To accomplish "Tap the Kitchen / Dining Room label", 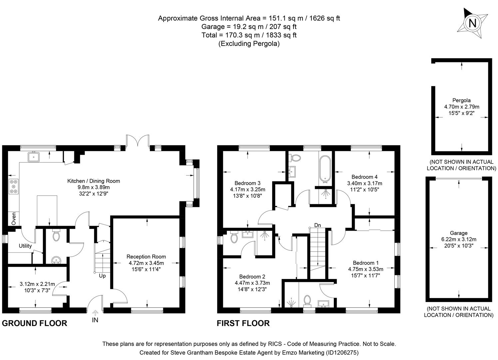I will (94, 181).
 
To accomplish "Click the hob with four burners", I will (14, 186).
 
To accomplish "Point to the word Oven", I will (14, 218).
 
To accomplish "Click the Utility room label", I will (25, 246).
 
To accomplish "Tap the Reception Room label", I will (146, 257).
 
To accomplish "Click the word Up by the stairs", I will (102, 276).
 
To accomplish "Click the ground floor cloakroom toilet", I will (56, 236).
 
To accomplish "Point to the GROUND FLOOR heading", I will (35, 323).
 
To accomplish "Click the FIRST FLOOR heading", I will (243, 323).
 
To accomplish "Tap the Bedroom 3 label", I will (247, 183).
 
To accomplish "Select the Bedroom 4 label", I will (364, 177).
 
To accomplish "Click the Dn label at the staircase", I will (317, 225).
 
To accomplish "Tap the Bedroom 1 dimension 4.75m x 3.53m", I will (365, 269).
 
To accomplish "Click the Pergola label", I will (461, 100).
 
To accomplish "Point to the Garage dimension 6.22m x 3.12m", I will (459, 239).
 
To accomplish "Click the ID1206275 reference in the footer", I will (342, 352).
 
